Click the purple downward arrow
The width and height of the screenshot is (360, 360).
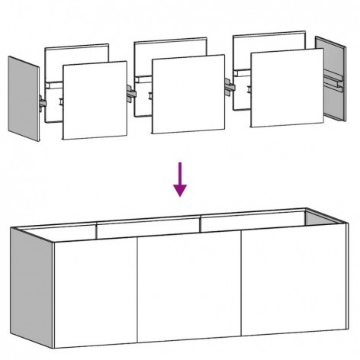click(180, 179)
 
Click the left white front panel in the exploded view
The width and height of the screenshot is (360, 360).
click(93, 101)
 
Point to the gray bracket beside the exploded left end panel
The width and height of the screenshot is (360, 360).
click(43, 101)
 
